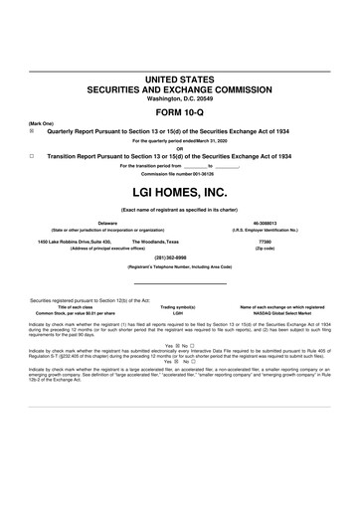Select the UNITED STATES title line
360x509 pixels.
(180, 78)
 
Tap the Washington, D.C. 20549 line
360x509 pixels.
(180, 97)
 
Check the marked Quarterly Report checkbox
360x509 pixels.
(32, 130)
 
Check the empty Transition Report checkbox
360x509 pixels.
(32, 156)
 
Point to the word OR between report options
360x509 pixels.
(180, 149)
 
